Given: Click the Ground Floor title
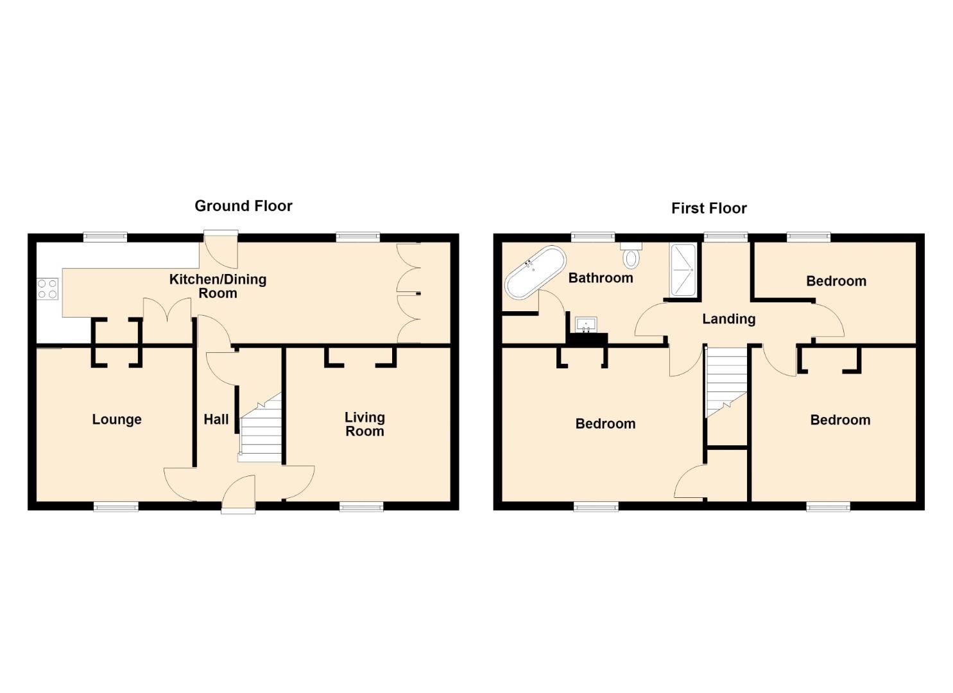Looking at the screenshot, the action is (x=243, y=207).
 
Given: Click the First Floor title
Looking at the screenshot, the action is (x=708, y=209).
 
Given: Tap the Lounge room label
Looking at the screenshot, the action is (x=117, y=420).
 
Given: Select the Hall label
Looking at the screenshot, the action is (x=216, y=420).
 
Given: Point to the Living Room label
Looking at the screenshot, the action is (x=365, y=424).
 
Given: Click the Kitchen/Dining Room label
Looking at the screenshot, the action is (x=218, y=286).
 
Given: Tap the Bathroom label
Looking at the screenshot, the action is (x=601, y=278).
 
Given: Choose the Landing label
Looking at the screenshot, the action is (x=729, y=319).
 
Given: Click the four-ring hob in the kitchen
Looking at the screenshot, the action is (x=47, y=289).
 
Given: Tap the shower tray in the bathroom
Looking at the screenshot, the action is (x=683, y=270).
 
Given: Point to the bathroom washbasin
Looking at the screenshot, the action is (x=586, y=325).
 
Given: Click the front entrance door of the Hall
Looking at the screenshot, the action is (x=238, y=494).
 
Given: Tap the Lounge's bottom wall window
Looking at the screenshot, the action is (x=116, y=506).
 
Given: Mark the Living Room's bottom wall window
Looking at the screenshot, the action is (x=361, y=506).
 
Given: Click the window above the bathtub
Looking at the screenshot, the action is (x=592, y=237).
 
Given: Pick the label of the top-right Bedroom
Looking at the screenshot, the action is (x=836, y=281).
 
